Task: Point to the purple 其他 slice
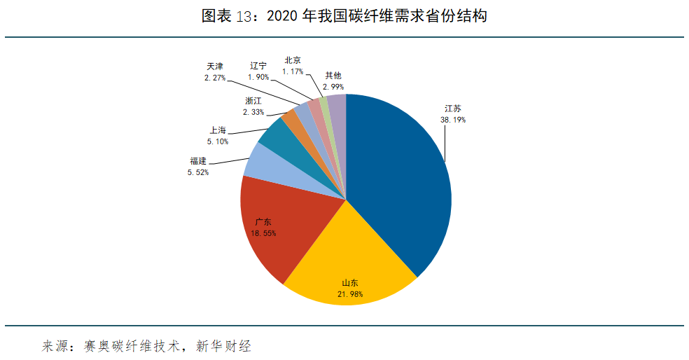tap(337, 109)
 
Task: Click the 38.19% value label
tap(452, 120)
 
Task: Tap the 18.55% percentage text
tap(263, 233)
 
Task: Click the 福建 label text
tap(197, 161)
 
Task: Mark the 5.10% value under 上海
tap(218, 141)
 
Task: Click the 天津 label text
tap(215, 67)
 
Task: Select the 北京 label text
tap(293, 61)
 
